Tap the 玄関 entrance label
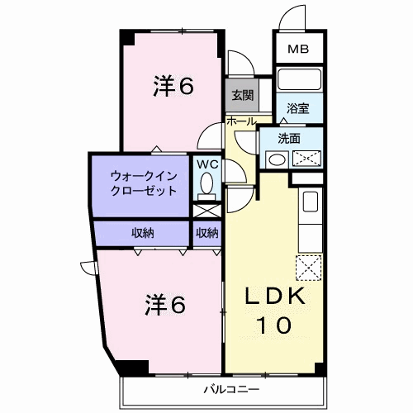coord(242,95)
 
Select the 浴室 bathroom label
coord(297,108)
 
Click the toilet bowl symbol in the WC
coord(206,183)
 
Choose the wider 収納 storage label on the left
coord(142,233)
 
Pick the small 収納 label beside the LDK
coord(207,233)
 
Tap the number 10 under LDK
coord(277,325)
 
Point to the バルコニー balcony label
coord(233,387)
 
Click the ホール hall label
coord(240,121)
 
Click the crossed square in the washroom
coord(305,159)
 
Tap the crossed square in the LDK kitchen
coord(307,266)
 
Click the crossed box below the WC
coord(206,210)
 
